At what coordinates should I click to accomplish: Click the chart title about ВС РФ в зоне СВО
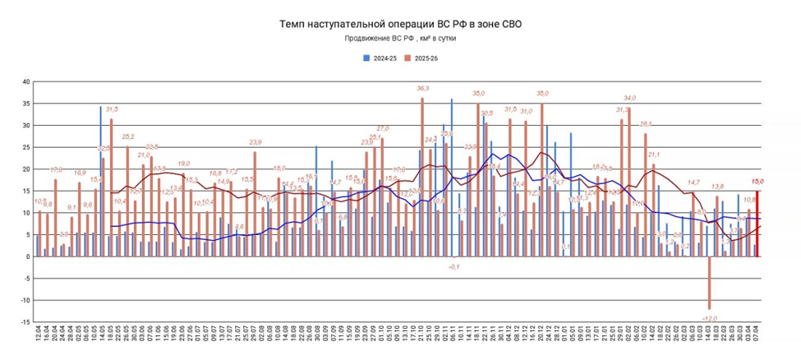tap(400, 24)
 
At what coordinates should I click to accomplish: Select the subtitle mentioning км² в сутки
tap(400, 39)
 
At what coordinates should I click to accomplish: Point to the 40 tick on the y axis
tap(25, 82)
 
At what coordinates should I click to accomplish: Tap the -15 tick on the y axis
tap(24, 321)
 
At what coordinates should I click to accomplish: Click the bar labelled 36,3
tap(422, 177)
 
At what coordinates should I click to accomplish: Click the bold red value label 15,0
tap(758, 182)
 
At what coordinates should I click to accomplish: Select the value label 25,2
tap(128, 137)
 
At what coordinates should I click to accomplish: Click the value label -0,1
tap(454, 267)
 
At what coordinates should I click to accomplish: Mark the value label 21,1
tap(654, 155)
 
